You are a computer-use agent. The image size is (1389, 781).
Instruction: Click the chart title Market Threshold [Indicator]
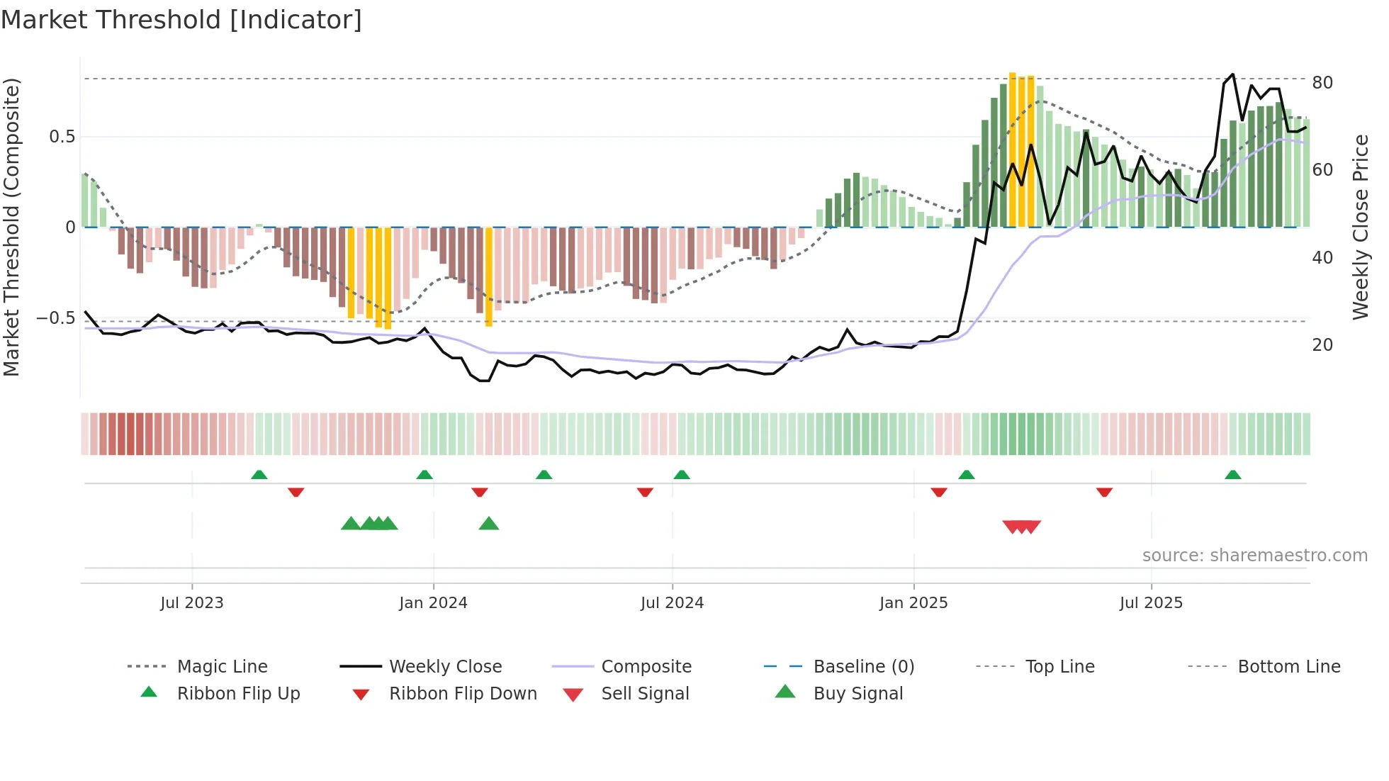point(181,20)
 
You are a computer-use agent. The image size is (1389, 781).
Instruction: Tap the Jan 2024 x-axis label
point(433,603)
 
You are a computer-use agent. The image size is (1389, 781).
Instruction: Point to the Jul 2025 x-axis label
point(1151,603)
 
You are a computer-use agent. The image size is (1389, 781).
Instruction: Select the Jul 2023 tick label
point(191,603)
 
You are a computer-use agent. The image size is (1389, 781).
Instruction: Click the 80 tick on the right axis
point(1322,83)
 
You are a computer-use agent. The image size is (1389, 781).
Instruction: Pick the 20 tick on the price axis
point(1322,345)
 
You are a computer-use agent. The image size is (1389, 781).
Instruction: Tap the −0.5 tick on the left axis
point(55,318)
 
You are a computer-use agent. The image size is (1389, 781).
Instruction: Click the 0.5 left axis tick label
point(62,137)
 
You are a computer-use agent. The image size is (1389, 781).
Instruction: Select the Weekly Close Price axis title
point(1360,227)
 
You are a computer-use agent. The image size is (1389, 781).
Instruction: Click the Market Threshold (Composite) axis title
point(11,227)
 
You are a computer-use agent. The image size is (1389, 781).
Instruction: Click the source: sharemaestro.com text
point(1254,556)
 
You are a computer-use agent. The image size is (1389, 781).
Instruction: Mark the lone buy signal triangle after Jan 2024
point(489,524)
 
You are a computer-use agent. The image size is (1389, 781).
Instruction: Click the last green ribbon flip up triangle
point(1232,475)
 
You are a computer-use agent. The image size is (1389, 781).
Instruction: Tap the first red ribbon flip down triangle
point(296,492)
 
